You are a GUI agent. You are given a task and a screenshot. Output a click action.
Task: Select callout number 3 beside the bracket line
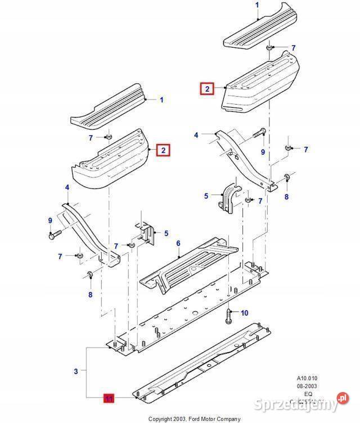pyautogui.click(x=76, y=371)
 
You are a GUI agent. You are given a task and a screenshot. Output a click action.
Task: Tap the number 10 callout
pyautogui.click(x=244, y=313)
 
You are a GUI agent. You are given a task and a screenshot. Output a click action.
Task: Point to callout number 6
pyautogui.click(x=178, y=244)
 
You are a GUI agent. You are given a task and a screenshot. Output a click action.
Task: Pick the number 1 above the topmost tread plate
pyautogui.click(x=257, y=5)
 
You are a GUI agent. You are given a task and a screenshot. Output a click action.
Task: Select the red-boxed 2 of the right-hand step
pyautogui.click(x=207, y=88)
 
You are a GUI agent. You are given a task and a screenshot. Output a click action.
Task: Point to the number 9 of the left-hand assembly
pyautogui.click(x=50, y=220)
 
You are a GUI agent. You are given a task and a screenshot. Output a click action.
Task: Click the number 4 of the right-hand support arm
pyautogui.click(x=196, y=135)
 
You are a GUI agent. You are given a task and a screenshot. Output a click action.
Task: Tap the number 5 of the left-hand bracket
pyautogui.click(x=166, y=233)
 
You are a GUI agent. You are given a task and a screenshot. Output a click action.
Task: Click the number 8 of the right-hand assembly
pyautogui.click(x=286, y=196)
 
